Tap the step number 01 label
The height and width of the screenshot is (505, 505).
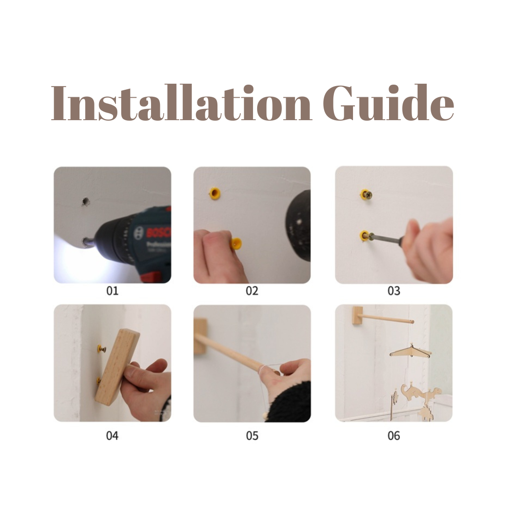pos(112,291)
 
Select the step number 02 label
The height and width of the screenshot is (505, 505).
pos(252,291)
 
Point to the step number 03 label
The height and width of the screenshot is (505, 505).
pos(394,291)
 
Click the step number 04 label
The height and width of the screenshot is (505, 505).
pos(112,436)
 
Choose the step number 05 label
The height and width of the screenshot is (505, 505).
pos(252,436)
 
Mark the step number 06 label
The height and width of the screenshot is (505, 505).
pos(394,436)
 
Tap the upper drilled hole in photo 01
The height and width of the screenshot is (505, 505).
pos(86,201)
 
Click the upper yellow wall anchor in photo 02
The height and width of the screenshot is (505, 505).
pos(215,192)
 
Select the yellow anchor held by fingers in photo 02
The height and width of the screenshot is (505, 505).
pos(236,244)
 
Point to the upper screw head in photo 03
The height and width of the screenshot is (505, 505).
pos(367,194)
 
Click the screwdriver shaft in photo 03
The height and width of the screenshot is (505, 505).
pos(386,240)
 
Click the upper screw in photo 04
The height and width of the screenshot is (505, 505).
pos(101,349)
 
